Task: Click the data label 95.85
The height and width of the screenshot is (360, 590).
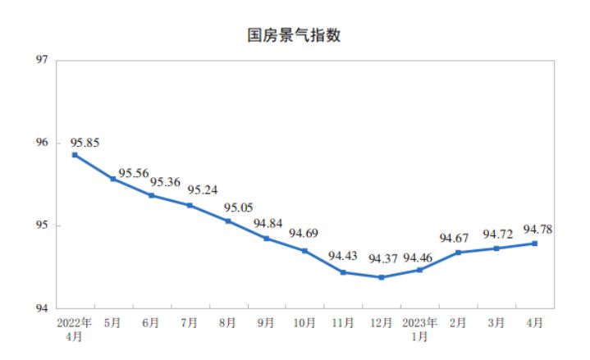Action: [85, 143]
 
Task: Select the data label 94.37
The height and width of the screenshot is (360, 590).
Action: [382, 259]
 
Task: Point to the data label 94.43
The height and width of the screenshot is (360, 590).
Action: [342, 256]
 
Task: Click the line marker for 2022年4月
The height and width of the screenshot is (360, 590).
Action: [75, 154]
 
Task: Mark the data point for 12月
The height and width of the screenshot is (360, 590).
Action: [382, 277]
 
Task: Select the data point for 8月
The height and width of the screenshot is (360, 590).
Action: [228, 221]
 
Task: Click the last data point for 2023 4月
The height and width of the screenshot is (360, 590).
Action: [535, 243]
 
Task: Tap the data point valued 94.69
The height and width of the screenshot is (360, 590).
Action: [304, 250]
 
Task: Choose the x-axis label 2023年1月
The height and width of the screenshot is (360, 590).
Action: [419, 329]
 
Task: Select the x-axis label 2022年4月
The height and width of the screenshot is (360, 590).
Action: [75, 329]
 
